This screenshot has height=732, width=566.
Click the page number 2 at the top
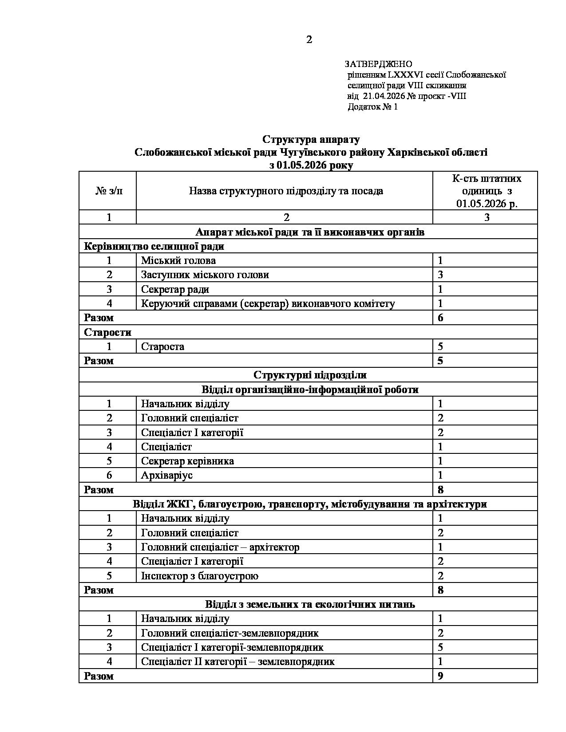[309, 40]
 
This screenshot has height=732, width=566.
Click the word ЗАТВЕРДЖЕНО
[378, 64]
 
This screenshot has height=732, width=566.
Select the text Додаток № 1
[372, 107]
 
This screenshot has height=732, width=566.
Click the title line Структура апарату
[311, 139]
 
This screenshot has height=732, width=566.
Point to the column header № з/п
[109, 191]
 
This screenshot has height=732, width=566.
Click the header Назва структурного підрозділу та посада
[286, 191]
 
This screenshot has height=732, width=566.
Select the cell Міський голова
[178, 260]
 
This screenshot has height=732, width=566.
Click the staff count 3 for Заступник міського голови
[440, 275]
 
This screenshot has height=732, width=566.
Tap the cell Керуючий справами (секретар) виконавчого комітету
[268, 303]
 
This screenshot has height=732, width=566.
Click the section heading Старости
[108, 332]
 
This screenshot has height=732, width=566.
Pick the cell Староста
[162, 346]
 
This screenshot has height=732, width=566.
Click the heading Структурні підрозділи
[310, 375]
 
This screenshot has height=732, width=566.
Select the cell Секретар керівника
[187, 461]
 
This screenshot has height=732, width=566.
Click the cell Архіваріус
[167, 475]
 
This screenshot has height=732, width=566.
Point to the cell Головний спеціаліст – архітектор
[220, 547]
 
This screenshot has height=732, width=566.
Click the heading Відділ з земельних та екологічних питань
[310, 604]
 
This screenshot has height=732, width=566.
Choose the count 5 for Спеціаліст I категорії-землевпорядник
[440, 647]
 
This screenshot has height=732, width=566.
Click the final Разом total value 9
[440, 676]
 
